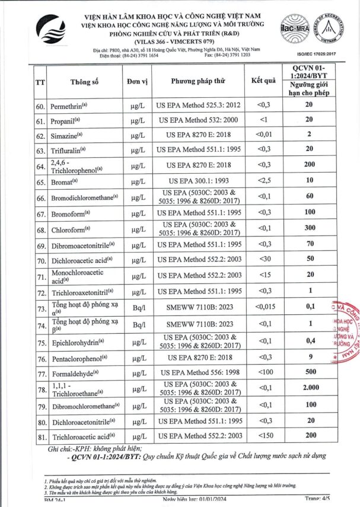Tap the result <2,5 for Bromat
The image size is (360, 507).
click(x=263, y=180)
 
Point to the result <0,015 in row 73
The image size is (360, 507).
click(x=263, y=307)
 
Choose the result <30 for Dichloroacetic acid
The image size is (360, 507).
click(x=263, y=260)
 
